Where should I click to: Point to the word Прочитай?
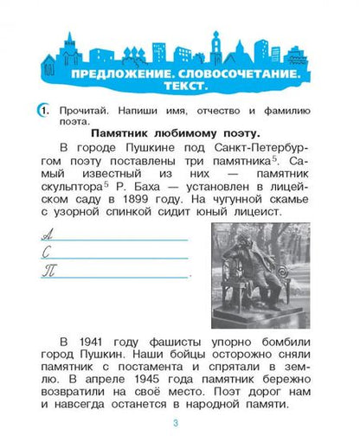pyautogui.click(x=87, y=110)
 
